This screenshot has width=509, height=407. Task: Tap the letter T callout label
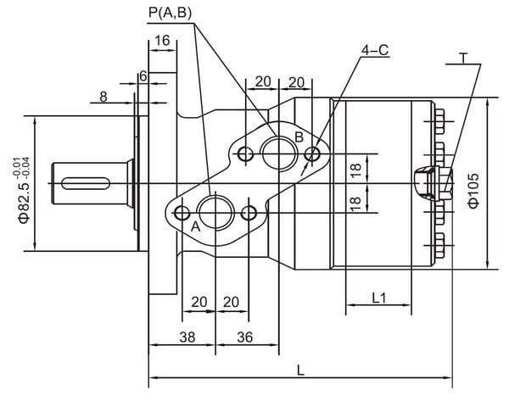(462, 58)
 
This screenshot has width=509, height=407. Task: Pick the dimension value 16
(163, 40)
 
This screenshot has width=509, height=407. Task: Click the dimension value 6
(143, 76)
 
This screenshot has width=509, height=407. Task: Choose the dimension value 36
(245, 337)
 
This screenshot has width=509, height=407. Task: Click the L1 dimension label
(379, 298)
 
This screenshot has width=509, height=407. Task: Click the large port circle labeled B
(277, 153)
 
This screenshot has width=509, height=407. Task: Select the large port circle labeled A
(215, 211)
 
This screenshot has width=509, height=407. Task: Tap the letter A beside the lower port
(195, 227)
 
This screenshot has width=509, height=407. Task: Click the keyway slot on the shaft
(87, 181)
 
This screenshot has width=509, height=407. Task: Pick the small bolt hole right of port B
(314, 153)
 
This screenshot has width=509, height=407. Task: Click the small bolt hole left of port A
(182, 211)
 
